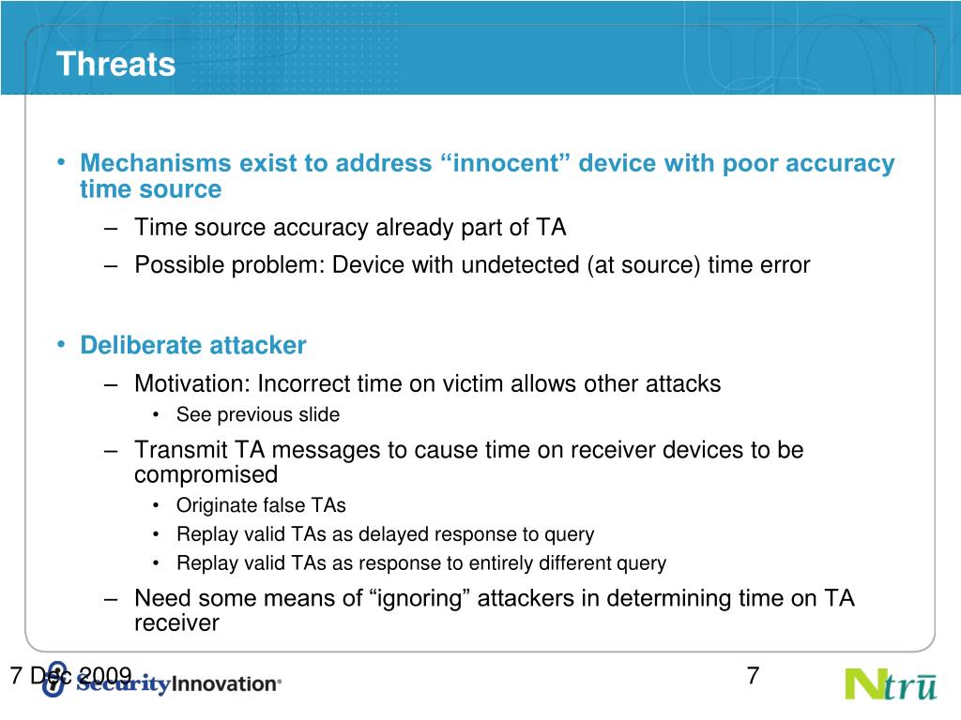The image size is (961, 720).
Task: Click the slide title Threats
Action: pyautogui.click(x=115, y=64)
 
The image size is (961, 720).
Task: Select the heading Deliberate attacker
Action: pyautogui.click(x=193, y=345)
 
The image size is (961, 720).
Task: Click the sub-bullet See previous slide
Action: pyautogui.click(x=258, y=414)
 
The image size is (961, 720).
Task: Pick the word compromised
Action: pyautogui.click(x=206, y=474)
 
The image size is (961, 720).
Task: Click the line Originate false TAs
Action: pyautogui.click(x=261, y=505)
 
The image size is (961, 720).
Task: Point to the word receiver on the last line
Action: pyautogui.click(x=176, y=622)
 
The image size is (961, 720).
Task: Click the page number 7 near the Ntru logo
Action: pyautogui.click(x=754, y=675)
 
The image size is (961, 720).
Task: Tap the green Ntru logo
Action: pyautogui.click(x=892, y=684)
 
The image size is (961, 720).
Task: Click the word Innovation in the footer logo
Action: pyautogui.click(x=224, y=683)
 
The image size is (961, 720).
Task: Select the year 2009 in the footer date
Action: pyautogui.click(x=105, y=675)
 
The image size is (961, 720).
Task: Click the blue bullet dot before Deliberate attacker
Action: pyautogui.click(x=61, y=344)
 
